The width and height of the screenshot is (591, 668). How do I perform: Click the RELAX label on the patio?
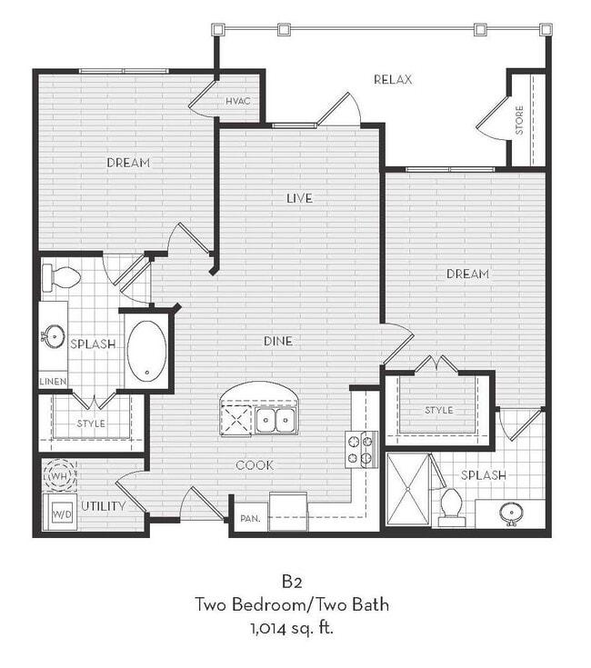(393, 80)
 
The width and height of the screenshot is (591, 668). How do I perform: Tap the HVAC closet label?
(238, 101)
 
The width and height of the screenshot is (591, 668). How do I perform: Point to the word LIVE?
(299, 198)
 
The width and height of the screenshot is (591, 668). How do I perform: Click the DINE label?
(277, 341)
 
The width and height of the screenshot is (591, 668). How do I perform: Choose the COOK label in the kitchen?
(255, 465)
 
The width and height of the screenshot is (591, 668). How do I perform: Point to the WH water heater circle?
(62, 475)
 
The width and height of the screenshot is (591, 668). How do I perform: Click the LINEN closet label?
(52, 382)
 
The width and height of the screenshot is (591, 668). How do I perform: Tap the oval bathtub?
(146, 351)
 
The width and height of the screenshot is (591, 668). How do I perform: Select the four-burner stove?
(360, 449)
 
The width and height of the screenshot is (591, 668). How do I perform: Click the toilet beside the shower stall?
(452, 507)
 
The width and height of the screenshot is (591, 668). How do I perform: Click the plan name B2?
(295, 582)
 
